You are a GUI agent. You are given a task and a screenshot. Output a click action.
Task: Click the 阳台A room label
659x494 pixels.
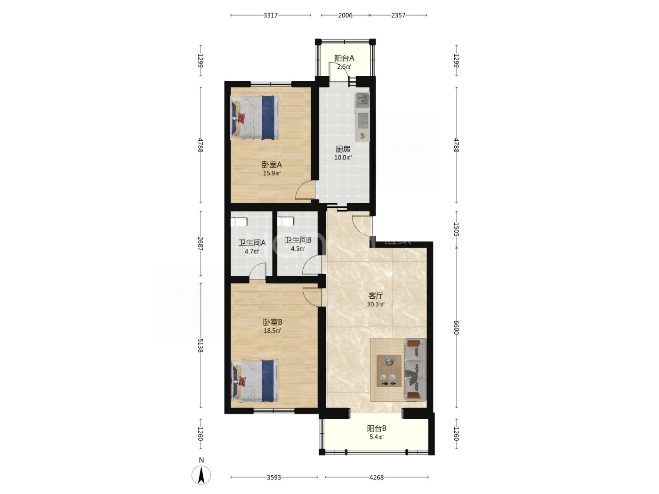click(344, 58)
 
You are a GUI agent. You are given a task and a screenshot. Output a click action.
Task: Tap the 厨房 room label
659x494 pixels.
click(343, 149)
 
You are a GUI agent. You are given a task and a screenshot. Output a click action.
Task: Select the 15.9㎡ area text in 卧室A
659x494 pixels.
click(272, 173)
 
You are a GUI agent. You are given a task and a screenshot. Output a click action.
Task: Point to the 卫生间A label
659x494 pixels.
click(252, 243)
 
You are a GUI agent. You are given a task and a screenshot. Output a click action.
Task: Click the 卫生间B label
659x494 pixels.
click(298, 240)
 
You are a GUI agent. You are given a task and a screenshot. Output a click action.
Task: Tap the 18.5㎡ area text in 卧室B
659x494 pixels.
click(272, 331)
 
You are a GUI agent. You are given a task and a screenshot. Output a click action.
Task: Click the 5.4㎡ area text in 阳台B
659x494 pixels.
click(377, 437)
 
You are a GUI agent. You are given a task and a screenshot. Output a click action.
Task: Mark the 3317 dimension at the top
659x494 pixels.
click(271, 16)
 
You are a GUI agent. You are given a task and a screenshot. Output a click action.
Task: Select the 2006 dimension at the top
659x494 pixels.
click(345, 16)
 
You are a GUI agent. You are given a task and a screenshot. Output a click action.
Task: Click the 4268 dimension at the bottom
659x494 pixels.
click(377, 477)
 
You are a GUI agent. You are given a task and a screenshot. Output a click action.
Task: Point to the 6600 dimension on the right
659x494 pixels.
click(456, 327)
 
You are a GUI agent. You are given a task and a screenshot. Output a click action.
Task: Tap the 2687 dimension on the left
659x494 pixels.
click(201, 244)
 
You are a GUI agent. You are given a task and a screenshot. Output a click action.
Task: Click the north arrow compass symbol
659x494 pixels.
click(201, 475)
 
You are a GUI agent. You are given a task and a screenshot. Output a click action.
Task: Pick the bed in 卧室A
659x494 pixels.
click(255, 117)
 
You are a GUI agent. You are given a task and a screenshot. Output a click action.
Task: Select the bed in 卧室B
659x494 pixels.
click(255, 381)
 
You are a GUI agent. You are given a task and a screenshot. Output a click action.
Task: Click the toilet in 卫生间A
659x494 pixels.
click(239, 222)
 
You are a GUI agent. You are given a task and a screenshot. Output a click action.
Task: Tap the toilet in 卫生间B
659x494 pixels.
click(285, 222)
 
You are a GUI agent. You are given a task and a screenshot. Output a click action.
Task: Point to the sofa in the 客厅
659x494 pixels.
click(416, 369)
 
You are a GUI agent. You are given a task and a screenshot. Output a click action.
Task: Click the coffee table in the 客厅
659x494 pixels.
click(389, 371)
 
